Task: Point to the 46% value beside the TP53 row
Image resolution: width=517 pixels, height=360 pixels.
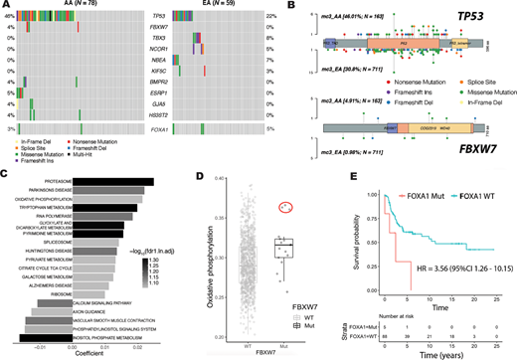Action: tap(9, 18)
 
